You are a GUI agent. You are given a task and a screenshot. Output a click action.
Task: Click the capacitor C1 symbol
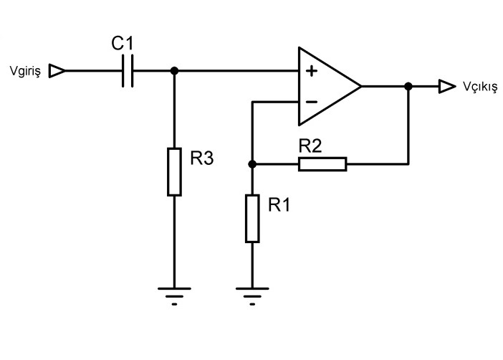128,71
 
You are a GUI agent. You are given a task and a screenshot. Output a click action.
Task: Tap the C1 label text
122,44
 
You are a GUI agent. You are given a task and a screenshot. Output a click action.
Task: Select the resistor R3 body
174,171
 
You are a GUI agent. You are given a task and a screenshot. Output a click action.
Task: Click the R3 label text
203,159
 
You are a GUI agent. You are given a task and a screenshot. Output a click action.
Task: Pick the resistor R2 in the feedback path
322,164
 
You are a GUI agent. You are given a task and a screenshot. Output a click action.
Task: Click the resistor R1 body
252,218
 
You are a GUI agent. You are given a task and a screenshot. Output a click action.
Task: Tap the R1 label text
280,205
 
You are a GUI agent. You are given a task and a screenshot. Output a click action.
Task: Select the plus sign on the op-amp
311,72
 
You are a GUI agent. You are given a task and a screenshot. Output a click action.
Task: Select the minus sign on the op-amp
311,102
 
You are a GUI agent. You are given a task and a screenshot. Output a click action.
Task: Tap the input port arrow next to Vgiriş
57,71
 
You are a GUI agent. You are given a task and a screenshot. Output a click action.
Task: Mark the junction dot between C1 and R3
174,71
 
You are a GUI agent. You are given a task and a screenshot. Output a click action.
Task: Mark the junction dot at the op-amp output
408,87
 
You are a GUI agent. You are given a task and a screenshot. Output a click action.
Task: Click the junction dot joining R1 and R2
252,164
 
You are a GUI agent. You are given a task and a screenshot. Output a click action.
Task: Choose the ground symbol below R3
174,294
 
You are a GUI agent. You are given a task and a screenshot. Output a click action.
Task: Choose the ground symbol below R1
252,294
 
